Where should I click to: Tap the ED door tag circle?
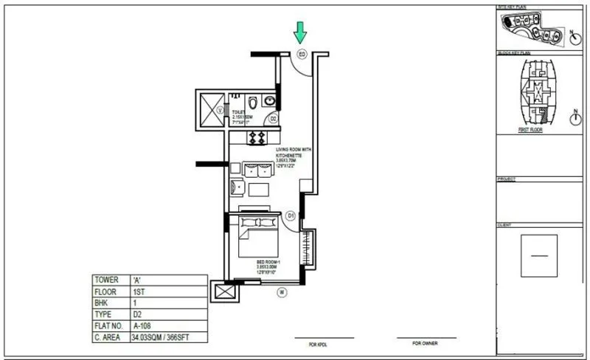(x=301, y=54)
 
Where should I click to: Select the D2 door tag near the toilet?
(x=272, y=118)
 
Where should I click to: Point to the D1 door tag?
(x=291, y=215)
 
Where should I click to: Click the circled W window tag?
(x=282, y=292)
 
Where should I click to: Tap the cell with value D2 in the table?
(x=136, y=314)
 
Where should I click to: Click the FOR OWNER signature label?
(x=426, y=343)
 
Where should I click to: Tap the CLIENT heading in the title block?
(x=506, y=224)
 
